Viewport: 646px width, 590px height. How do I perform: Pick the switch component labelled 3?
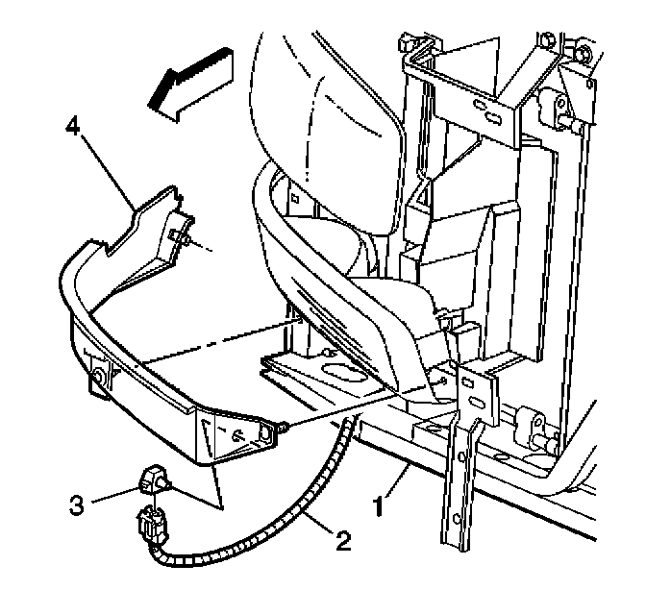pyautogui.click(x=155, y=478)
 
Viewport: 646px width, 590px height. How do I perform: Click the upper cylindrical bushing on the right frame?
pyautogui.click(x=557, y=106)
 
